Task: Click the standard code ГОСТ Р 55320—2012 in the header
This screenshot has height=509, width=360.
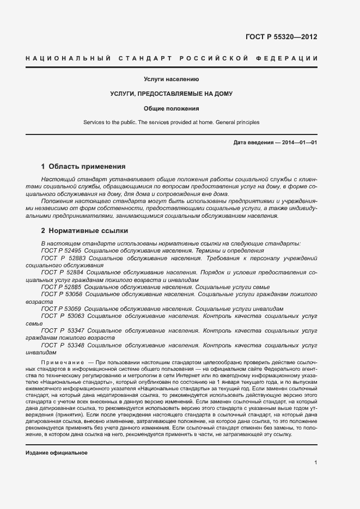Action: tap(282, 37)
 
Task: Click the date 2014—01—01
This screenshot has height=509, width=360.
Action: tap(299, 143)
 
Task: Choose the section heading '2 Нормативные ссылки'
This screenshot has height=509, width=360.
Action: tap(84, 230)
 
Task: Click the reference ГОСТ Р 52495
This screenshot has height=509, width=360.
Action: tap(62, 251)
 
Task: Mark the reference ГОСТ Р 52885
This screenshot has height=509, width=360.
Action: tap(62, 287)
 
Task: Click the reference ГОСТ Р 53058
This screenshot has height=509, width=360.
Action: tap(62, 294)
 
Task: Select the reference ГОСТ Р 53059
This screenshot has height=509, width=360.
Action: tap(62, 309)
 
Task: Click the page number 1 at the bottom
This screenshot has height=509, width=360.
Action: tap(316, 463)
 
